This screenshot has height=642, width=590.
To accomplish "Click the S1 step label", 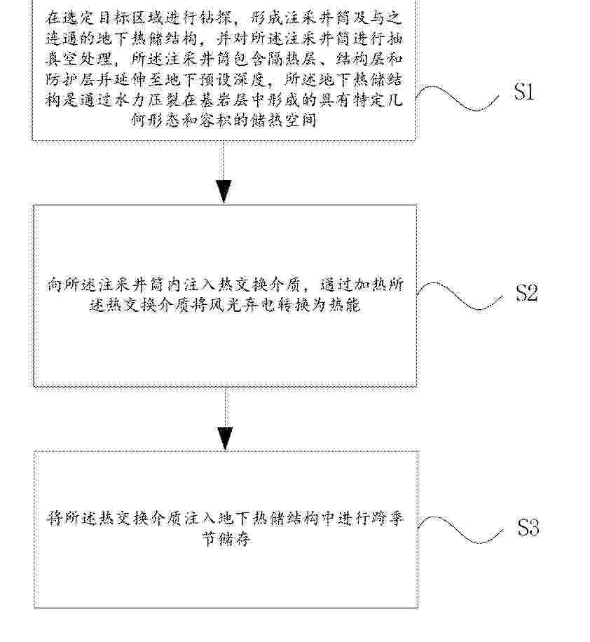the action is [525, 91].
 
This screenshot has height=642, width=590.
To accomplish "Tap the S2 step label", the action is [527, 293].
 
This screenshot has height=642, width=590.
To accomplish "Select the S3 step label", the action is [528, 527].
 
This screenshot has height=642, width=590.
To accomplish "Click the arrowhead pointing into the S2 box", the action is [224, 191].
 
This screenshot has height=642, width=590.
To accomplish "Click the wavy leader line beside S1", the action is [458, 98].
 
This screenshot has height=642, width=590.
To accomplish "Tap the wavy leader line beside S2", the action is [460, 296].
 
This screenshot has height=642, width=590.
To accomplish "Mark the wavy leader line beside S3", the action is [460, 530].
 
